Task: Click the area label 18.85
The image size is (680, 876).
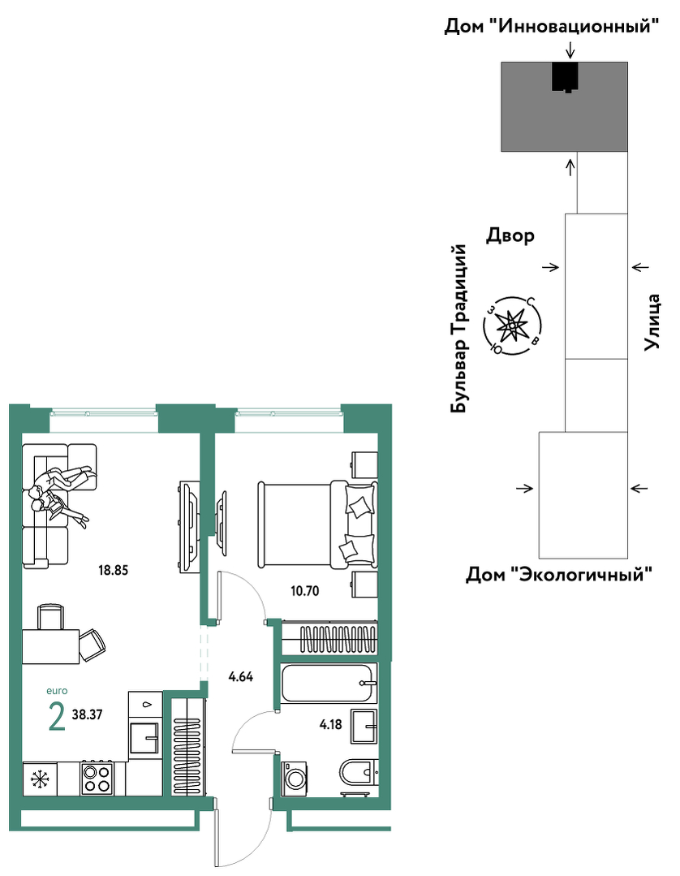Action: click(x=114, y=571)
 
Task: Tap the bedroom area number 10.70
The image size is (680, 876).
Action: click(x=305, y=590)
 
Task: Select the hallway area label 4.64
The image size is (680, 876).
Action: click(x=241, y=677)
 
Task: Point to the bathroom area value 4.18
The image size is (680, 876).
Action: click(x=330, y=725)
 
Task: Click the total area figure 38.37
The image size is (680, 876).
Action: click(x=87, y=714)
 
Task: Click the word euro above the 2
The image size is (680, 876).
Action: click(x=57, y=691)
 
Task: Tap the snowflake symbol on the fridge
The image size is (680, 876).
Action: click(x=40, y=779)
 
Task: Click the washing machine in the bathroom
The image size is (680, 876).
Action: click(x=295, y=778)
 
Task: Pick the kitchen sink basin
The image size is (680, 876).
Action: click(x=144, y=738)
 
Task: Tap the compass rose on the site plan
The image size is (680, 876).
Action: click(x=512, y=326)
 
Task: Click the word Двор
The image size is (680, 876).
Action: click(x=510, y=235)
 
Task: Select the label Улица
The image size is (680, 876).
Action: click(x=652, y=322)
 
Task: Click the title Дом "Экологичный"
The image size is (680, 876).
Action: click(x=559, y=574)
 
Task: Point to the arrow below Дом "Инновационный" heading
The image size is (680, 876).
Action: click(x=570, y=50)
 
